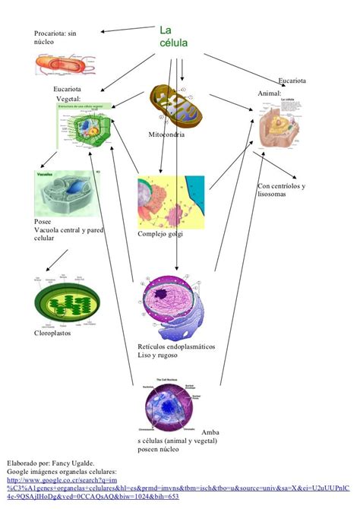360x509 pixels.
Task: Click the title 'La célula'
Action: click(174, 37)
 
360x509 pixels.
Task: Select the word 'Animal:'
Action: click(270, 93)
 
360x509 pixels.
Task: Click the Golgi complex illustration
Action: click(170, 202)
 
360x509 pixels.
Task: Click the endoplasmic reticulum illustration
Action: click(175, 308)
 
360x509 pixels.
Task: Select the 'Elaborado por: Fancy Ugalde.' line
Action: click(51, 462)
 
